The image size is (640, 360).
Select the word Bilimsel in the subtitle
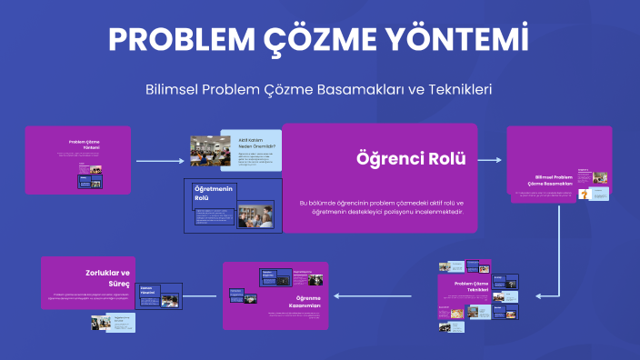173,89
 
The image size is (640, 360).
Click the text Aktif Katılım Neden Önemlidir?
257,143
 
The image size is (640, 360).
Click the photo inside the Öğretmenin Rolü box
255,215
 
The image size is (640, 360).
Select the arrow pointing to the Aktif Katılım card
160,161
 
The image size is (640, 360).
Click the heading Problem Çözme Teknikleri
471,287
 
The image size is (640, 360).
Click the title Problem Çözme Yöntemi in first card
84,145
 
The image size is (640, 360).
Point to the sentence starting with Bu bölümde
381,207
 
